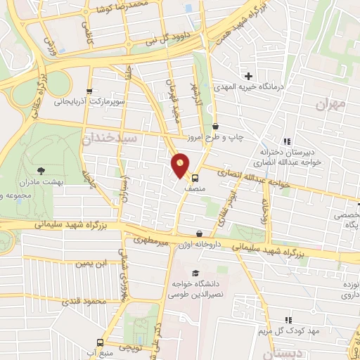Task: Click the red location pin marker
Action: (181, 164)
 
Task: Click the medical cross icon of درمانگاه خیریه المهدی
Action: (247, 76)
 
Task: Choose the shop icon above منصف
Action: (195, 178)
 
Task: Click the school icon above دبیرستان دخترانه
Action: (285, 141)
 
